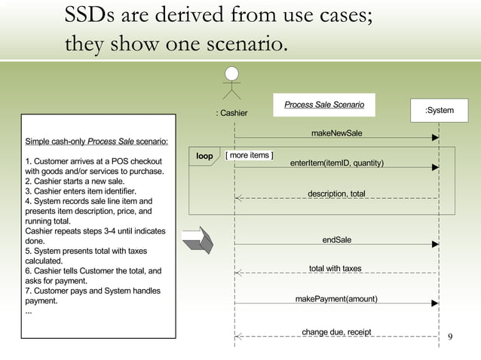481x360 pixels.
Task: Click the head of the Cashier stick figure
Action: tap(234, 73)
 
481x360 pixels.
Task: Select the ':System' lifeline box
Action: tap(439, 111)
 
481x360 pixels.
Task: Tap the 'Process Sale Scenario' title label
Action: tap(323, 105)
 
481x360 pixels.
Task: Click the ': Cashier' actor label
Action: tap(231, 114)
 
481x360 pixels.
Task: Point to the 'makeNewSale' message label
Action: tap(336, 133)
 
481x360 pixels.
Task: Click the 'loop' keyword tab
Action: tap(204, 157)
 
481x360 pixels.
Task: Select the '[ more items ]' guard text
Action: tap(250, 156)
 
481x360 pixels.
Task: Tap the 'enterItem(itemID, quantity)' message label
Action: tap(336, 163)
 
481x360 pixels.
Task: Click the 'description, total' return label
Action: tap(336, 194)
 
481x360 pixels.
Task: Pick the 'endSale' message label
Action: tap(336, 239)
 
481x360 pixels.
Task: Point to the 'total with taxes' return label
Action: tap(335, 268)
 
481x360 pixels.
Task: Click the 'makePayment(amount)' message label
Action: tap(336, 299)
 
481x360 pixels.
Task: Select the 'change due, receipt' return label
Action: tap(336, 331)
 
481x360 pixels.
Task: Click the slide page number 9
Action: tap(450, 336)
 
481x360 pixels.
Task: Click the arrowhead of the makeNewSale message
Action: tap(435, 139)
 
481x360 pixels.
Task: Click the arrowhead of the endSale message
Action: tap(435, 244)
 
